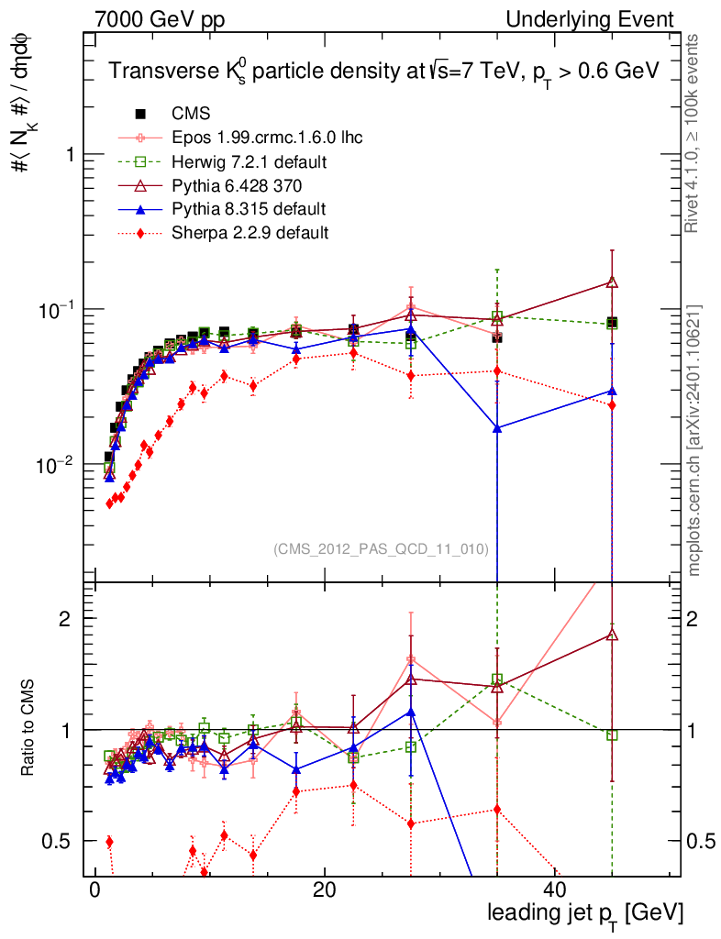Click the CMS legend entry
191,115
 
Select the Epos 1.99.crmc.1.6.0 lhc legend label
267,138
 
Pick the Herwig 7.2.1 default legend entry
250,162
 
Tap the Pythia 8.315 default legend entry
249,209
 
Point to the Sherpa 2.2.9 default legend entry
250,233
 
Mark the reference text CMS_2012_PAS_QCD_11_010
381,549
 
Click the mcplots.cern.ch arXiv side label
695,440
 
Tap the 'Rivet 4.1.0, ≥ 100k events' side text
695,133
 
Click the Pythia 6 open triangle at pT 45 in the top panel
612,282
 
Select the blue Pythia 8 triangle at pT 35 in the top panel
497,428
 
